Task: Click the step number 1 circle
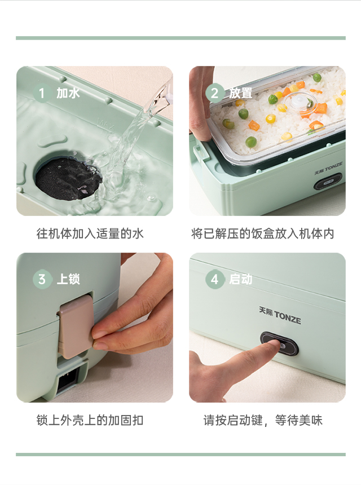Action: (42, 93)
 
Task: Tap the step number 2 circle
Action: (215, 93)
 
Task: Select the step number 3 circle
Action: (42, 279)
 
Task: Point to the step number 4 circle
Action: (215, 279)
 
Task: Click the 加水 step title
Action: (68, 93)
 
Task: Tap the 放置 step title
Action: (241, 93)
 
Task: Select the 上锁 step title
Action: (68, 279)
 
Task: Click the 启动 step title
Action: (241, 279)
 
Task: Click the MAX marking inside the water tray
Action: (105, 124)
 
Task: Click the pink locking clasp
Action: (76, 327)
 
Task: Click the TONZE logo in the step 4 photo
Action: (280, 315)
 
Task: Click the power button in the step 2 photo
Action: (328, 183)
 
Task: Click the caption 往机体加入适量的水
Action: (90, 233)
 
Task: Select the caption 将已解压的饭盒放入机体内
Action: (263, 233)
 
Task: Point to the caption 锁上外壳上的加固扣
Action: (90, 420)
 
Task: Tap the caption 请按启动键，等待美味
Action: (263, 420)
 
